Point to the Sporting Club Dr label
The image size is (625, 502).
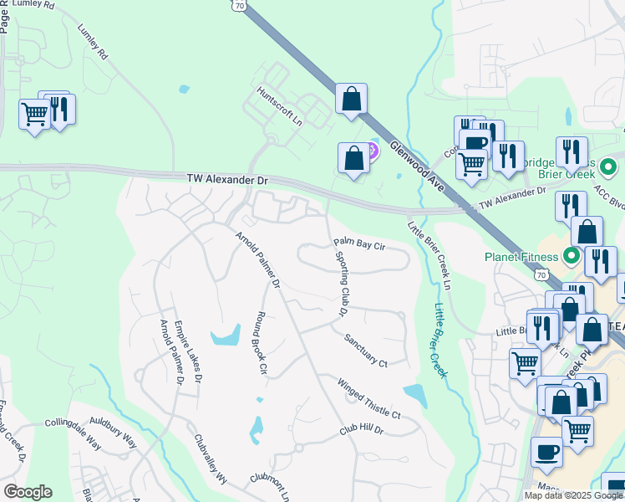point(343,282)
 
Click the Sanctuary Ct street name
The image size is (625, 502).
point(366,351)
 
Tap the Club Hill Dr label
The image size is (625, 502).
point(361,430)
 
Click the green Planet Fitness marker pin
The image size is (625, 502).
point(572,255)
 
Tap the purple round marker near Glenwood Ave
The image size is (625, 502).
point(371,151)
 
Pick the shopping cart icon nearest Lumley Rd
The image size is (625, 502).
point(33,113)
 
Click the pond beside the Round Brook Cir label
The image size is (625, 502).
point(225,337)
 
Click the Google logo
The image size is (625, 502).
point(28,492)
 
